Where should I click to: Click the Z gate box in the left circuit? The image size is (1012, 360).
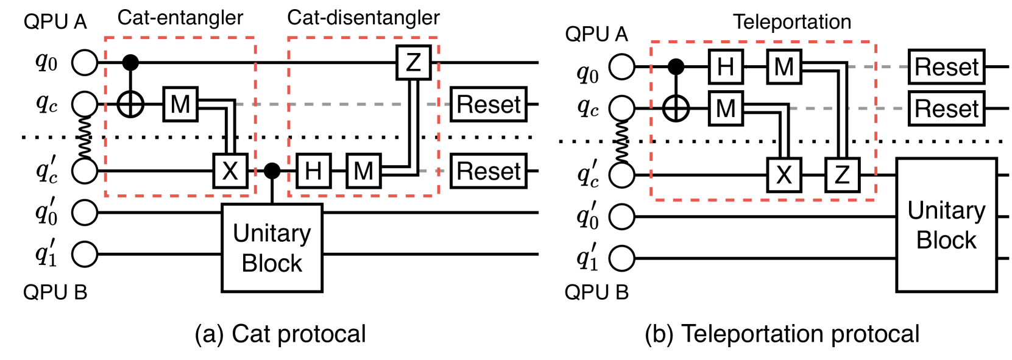coord(414,62)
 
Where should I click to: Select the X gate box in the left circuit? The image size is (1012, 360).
coord(230,171)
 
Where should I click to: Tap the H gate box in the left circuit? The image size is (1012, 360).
coord(314,171)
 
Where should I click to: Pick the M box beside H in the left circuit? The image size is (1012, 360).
coord(364,171)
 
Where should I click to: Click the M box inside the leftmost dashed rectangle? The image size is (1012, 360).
coord(180,104)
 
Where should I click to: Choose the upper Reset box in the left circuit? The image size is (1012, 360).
coord(489,104)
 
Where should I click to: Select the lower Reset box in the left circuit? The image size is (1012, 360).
coord(489,171)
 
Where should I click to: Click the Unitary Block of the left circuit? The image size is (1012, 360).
coord(272,248)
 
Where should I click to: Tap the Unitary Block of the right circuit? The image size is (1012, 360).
coord(946,225)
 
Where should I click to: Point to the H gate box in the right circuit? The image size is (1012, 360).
coord(726,66)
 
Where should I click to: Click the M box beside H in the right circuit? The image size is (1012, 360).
coord(784,66)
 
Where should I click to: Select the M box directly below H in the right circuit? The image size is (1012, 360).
coord(726,108)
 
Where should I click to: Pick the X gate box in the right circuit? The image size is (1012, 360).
coord(784,175)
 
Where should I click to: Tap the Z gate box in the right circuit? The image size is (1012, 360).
coord(843,175)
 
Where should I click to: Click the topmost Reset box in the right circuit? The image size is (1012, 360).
coord(946,66)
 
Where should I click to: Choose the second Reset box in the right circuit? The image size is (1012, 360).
coord(946,108)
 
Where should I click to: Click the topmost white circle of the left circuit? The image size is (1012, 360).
coord(85,62)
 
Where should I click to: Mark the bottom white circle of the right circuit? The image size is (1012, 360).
coord(622,258)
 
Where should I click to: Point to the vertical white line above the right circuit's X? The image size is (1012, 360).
coord(784,132)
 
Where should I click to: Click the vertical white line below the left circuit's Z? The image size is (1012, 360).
coord(414,128)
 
